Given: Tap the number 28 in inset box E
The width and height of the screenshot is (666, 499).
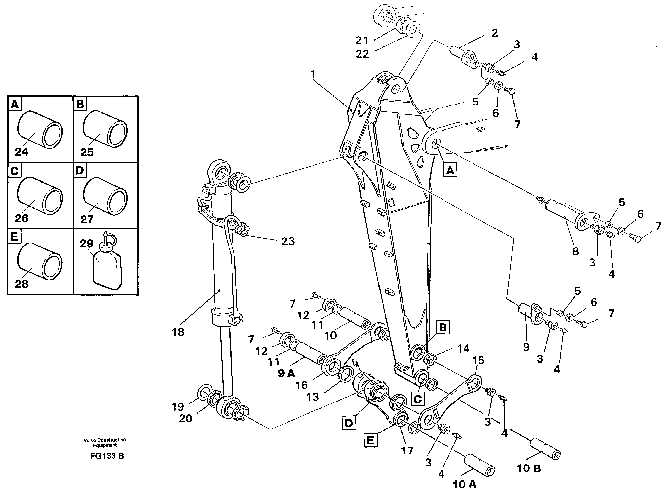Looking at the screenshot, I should [22, 284].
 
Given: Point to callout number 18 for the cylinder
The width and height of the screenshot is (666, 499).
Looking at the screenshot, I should [178, 332].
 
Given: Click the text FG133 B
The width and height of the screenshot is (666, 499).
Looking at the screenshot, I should [107, 456].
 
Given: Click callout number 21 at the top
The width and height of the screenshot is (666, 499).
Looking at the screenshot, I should [362, 40].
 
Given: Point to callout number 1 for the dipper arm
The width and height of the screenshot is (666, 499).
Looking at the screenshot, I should [313, 74].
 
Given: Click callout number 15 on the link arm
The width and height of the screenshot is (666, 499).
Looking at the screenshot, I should [478, 360].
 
